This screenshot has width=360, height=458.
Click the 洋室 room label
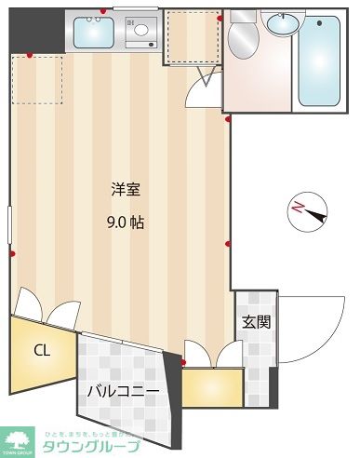coord(126,190)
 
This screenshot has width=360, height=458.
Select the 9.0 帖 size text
coord(126,222)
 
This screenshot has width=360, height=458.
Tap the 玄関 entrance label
coord(257,323)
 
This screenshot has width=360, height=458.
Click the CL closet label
coord(41,351)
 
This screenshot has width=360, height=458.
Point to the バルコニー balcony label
coord(123,391)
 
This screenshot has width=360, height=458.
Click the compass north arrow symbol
coord(309,211)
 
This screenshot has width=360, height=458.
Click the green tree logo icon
coord(19,439)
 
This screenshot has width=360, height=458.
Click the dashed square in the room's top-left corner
coord(37,80)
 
